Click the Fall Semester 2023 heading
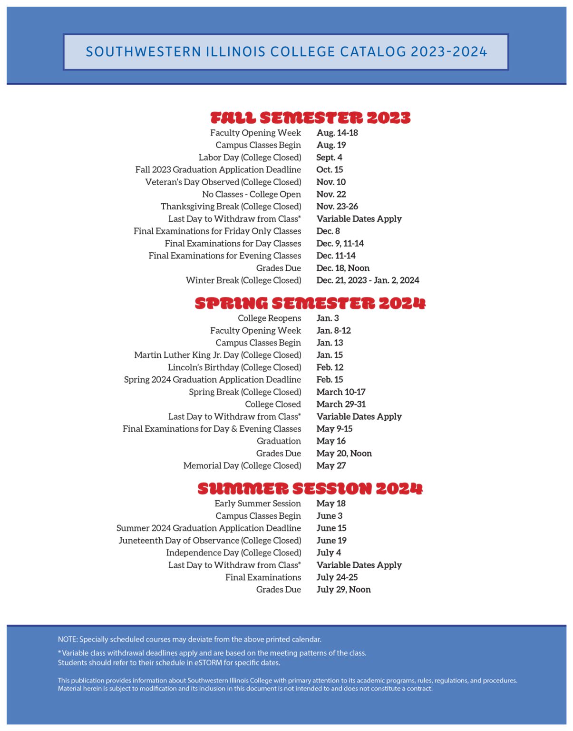point(310,118)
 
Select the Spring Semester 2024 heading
point(310,303)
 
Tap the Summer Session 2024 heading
point(310,489)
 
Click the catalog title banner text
point(286,52)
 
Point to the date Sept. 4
point(329,158)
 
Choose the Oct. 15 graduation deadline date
point(330,170)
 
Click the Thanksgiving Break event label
point(231,207)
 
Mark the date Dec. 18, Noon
point(343,268)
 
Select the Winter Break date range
point(368,280)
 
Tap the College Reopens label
point(269,318)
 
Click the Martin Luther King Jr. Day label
point(217,355)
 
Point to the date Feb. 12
point(330,367)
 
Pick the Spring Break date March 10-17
point(341,392)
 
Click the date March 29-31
point(341,405)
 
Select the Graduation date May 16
point(331,441)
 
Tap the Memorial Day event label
point(242,466)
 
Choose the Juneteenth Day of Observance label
point(210,541)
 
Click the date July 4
point(329,553)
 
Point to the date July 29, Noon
point(343,590)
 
